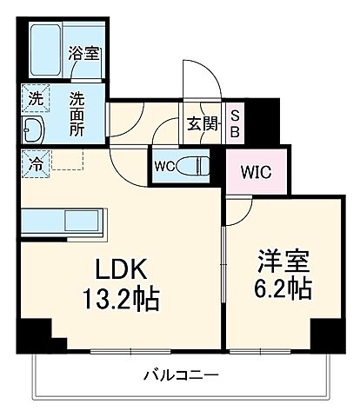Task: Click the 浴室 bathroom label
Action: point(84,53)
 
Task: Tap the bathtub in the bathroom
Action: point(45,52)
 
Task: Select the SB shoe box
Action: point(235,123)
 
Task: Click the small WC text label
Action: point(164,165)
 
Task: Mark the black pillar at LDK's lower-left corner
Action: point(35,334)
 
